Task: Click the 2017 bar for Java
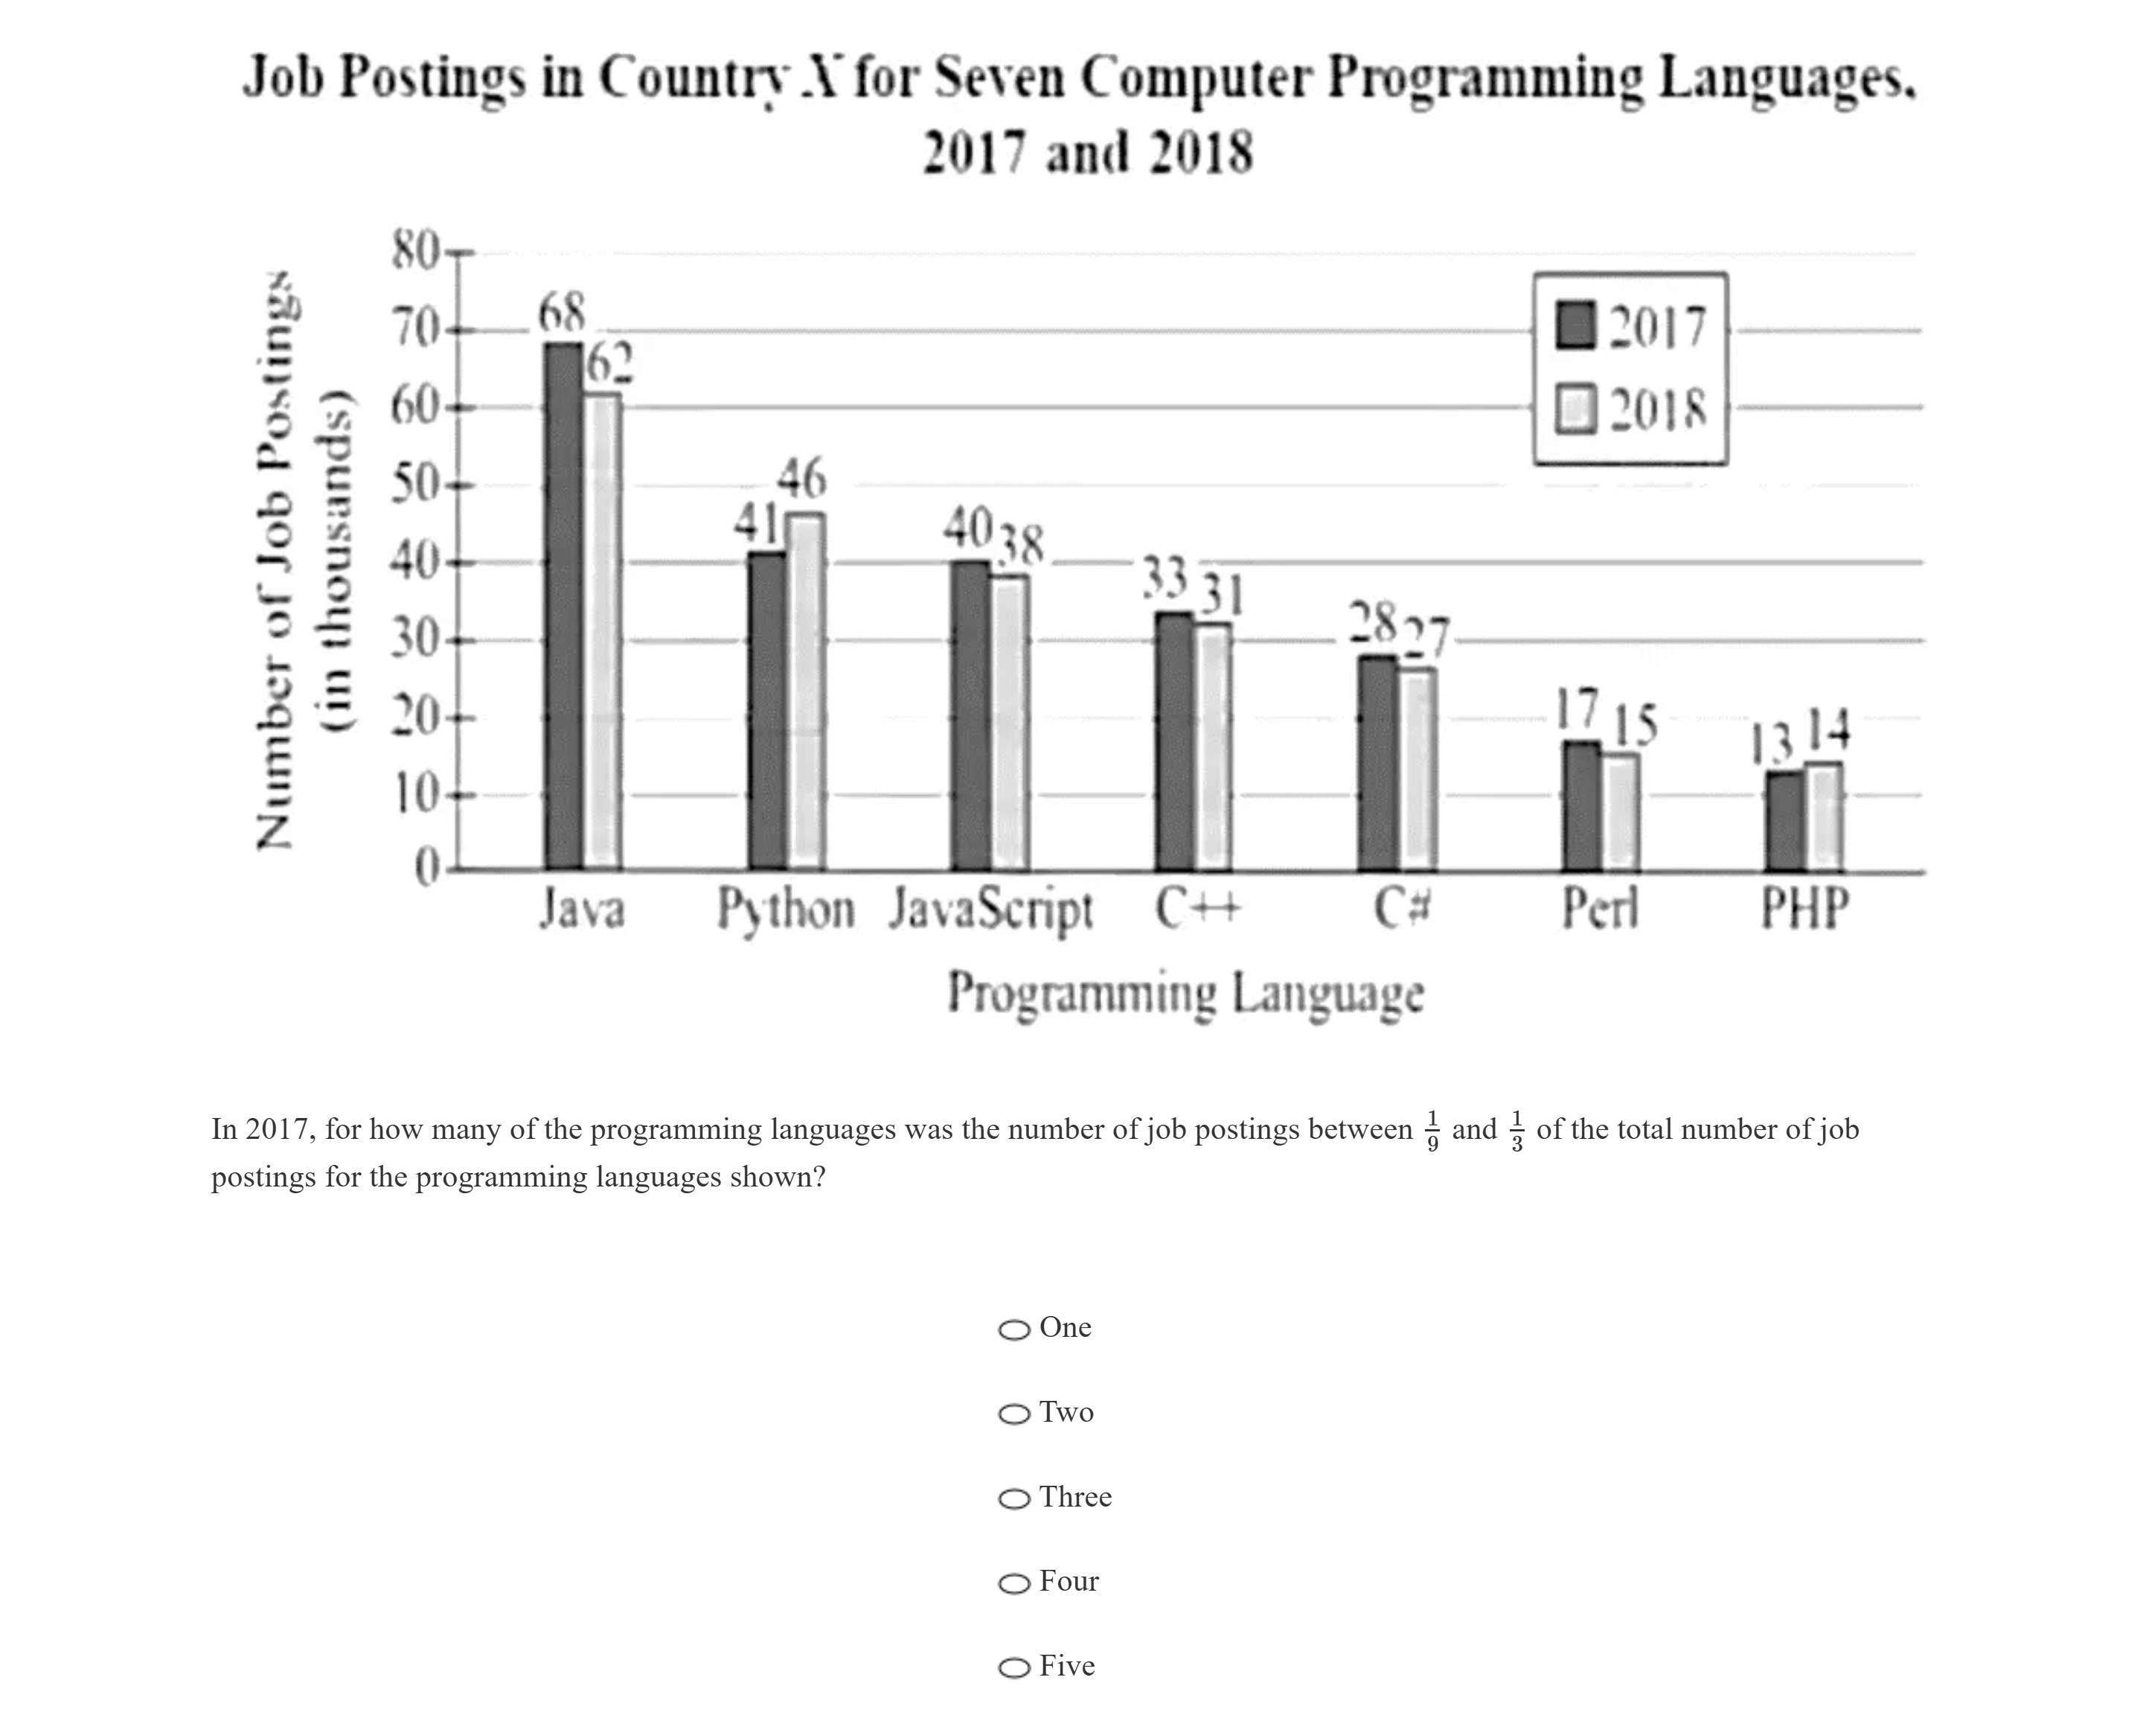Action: [563, 607]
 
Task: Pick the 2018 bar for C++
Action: [1213, 747]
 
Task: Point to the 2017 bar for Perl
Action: [1580, 806]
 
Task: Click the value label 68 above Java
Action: [562, 313]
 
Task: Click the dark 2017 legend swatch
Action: [1575, 325]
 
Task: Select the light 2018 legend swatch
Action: [1575, 409]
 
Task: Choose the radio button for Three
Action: [1014, 1498]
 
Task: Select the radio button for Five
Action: [1014, 1667]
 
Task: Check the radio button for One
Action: [1014, 1329]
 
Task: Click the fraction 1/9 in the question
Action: [1432, 1131]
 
